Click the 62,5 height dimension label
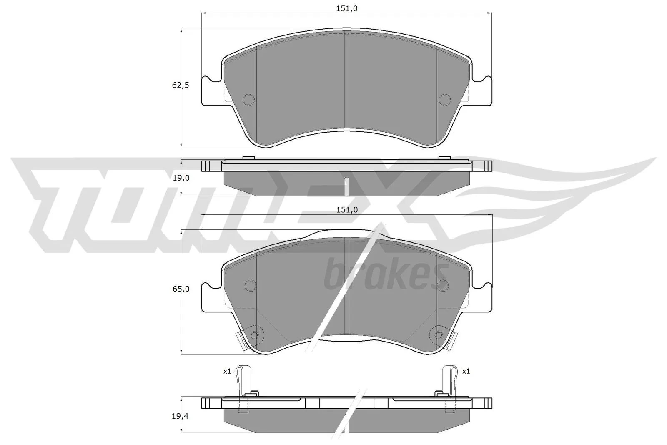(181, 85)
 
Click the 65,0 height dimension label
(181, 289)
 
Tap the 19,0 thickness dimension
(181, 178)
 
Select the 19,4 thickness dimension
(181, 416)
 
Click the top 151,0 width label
(347, 9)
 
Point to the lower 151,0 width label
(347, 210)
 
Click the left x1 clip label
(227, 371)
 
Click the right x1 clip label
(466, 371)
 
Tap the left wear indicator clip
(241, 388)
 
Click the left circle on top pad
(249, 100)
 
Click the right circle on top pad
(445, 100)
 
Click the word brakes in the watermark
(386, 275)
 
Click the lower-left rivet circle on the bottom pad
(255, 334)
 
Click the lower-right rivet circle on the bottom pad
(439, 334)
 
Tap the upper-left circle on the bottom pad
(250, 284)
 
